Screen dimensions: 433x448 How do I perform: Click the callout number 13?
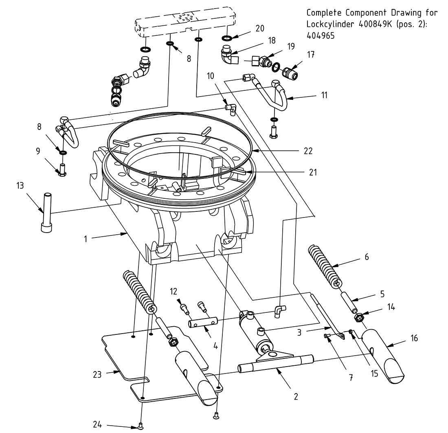(x=20, y=186)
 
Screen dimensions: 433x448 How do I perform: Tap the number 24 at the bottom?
(x=97, y=424)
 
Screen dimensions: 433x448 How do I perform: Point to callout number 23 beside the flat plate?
(x=97, y=374)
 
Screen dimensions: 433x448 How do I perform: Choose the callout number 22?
(x=308, y=151)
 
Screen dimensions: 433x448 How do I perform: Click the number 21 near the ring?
(x=312, y=172)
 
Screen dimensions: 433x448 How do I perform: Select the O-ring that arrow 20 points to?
(x=227, y=38)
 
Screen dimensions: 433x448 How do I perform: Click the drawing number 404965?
(x=320, y=35)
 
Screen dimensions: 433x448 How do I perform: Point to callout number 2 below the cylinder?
(x=296, y=396)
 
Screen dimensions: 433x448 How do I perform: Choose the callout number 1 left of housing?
(x=86, y=239)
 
